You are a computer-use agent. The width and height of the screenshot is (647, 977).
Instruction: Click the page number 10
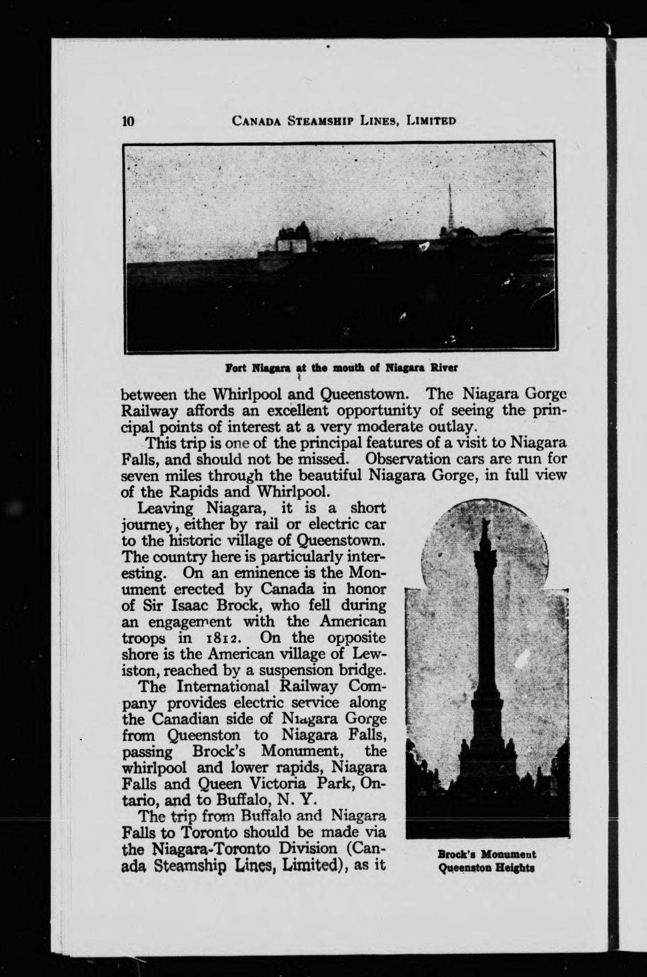click(128, 121)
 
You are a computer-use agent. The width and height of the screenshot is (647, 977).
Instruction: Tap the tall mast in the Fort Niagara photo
click(449, 208)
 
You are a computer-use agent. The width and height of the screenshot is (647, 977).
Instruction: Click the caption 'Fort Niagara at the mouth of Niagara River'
click(342, 368)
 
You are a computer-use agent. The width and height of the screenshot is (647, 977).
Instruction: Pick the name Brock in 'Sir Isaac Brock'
click(235, 606)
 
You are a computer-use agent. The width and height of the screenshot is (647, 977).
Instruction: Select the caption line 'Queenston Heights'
click(486, 868)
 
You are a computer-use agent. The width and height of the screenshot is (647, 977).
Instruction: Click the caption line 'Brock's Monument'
click(487, 855)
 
